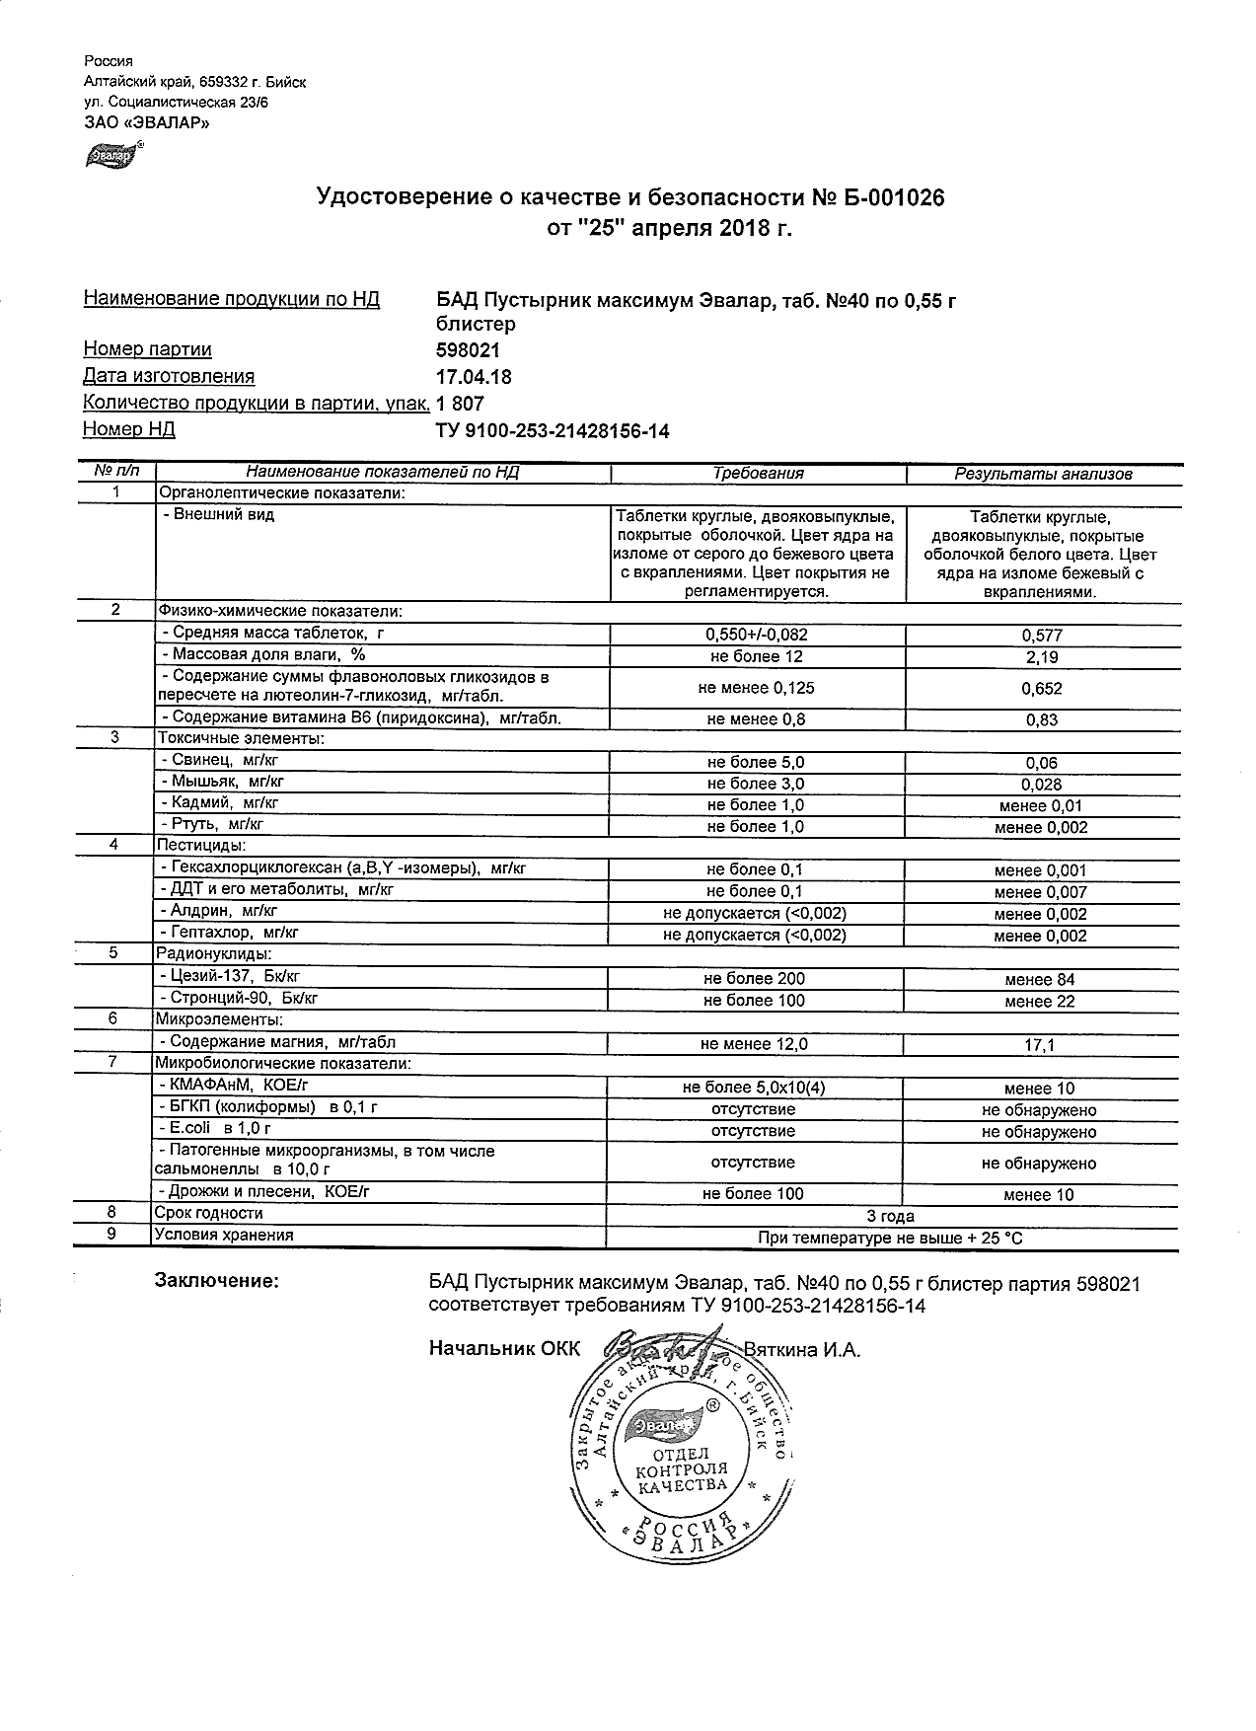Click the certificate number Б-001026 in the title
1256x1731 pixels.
point(892,198)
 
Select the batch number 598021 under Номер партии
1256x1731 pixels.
point(468,350)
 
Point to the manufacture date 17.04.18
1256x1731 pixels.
point(474,377)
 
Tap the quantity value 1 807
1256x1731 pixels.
point(460,404)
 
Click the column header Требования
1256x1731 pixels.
point(758,474)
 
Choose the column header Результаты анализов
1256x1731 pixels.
point(1042,474)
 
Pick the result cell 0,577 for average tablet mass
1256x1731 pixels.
point(1042,636)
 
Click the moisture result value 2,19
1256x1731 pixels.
point(1042,657)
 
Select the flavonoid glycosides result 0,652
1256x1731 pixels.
point(1042,688)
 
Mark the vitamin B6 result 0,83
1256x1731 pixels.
point(1042,719)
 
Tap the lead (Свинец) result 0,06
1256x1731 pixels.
point(1042,763)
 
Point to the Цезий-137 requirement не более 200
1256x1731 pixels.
point(755,979)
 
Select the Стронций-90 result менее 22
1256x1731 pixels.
point(1039,1001)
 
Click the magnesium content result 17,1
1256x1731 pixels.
point(1039,1044)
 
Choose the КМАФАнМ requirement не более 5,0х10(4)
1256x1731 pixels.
point(755,1088)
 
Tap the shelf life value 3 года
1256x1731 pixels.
point(890,1216)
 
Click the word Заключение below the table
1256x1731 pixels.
point(217,1281)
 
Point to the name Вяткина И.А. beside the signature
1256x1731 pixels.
point(801,1349)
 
